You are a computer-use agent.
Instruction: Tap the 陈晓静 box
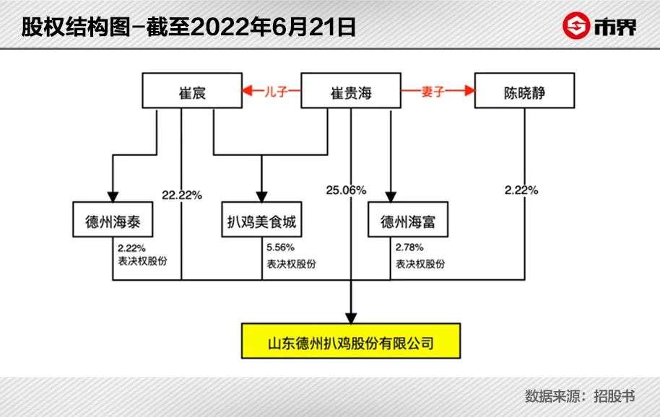pyautogui.click(x=525, y=92)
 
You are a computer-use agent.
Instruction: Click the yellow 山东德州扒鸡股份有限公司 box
pyautogui.click(x=351, y=340)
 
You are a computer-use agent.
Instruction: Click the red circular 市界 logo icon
pyautogui.click(x=576, y=27)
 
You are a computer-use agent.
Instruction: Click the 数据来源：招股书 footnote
pyautogui.click(x=580, y=396)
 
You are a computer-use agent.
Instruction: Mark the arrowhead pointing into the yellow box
pyautogui.click(x=351, y=315)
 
